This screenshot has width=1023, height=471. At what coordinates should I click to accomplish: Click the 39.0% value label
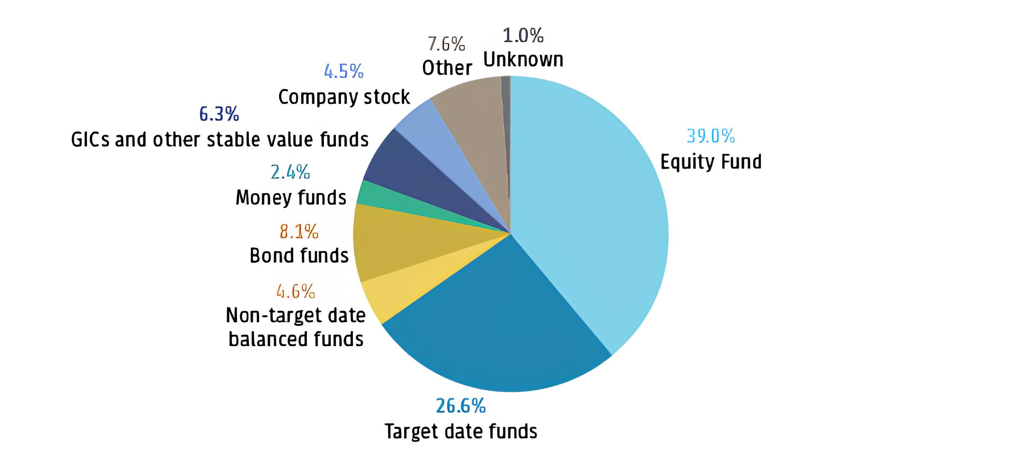(711, 136)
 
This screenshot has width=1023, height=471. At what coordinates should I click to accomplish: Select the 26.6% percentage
(460, 406)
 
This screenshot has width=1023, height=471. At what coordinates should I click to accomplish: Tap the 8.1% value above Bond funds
(299, 232)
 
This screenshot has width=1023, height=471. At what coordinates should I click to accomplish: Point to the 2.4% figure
(290, 172)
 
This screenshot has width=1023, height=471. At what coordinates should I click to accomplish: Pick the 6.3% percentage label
(219, 114)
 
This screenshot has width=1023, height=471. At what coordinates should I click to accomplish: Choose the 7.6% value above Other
(446, 44)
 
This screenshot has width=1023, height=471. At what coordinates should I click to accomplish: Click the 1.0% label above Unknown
(523, 35)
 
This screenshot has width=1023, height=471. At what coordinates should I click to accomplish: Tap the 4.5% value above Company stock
(344, 71)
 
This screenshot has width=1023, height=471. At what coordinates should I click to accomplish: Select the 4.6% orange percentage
(295, 291)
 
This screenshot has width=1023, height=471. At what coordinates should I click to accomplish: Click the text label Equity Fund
(711, 162)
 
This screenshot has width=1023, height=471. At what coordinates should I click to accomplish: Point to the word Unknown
(523, 60)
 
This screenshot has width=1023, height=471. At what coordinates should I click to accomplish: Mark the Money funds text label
(291, 198)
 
